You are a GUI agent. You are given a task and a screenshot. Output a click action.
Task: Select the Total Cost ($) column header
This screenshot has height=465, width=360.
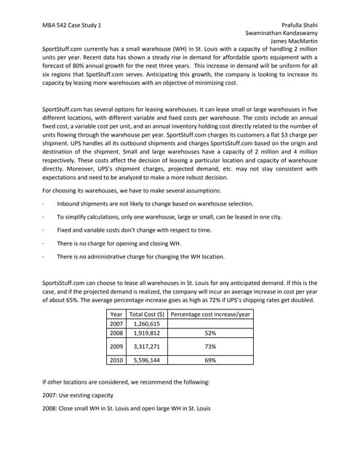point(148,314)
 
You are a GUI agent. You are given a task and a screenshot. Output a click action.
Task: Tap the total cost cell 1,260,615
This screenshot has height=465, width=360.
point(148,323)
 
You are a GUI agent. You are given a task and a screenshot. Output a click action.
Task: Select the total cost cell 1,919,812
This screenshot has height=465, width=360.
point(148,333)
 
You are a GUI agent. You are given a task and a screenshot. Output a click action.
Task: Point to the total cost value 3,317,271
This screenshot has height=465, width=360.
point(148,347)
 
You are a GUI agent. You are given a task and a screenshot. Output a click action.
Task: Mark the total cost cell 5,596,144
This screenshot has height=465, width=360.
point(148,360)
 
